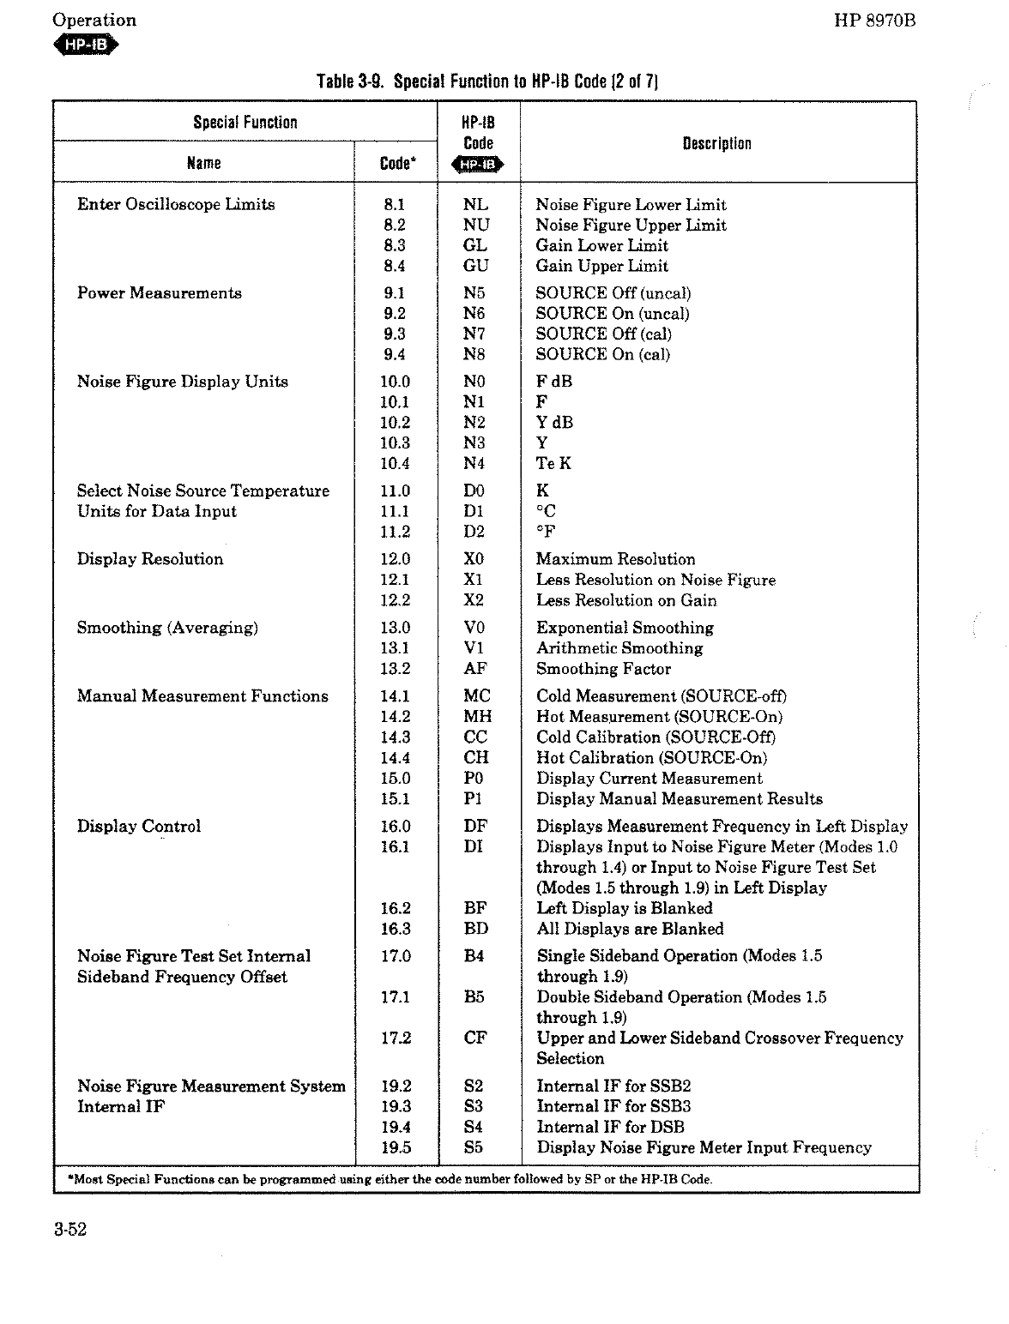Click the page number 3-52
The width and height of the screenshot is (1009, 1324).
[x=70, y=1230]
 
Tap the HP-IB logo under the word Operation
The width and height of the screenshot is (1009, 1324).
[x=86, y=45]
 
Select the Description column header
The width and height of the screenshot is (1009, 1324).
[x=716, y=143]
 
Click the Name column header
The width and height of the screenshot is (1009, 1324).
[x=204, y=163]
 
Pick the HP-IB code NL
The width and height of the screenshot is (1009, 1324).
[x=475, y=204]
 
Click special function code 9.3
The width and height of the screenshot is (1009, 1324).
[x=395, y=334]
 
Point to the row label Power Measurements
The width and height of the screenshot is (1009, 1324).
[x=160, y=293]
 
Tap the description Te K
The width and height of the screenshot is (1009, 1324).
[x=553, y=463]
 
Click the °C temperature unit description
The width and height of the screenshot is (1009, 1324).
[x=546, y=511]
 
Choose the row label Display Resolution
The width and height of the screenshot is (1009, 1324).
[x=150, y=559]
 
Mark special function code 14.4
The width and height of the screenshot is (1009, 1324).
[x=395, y=758]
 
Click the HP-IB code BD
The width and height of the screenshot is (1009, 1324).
[x=475, y=929]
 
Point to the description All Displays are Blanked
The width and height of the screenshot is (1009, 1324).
[x=630, y=929]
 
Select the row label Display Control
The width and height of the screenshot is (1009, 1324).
[x=139, y=827]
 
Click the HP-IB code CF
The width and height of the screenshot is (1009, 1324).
[x=475, y=1038]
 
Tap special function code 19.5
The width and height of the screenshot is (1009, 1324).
[x=396, y=1148]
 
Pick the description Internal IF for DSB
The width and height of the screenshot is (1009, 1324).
[x=610, y=1128]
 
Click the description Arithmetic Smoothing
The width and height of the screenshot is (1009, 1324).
[x=619, y=648]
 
